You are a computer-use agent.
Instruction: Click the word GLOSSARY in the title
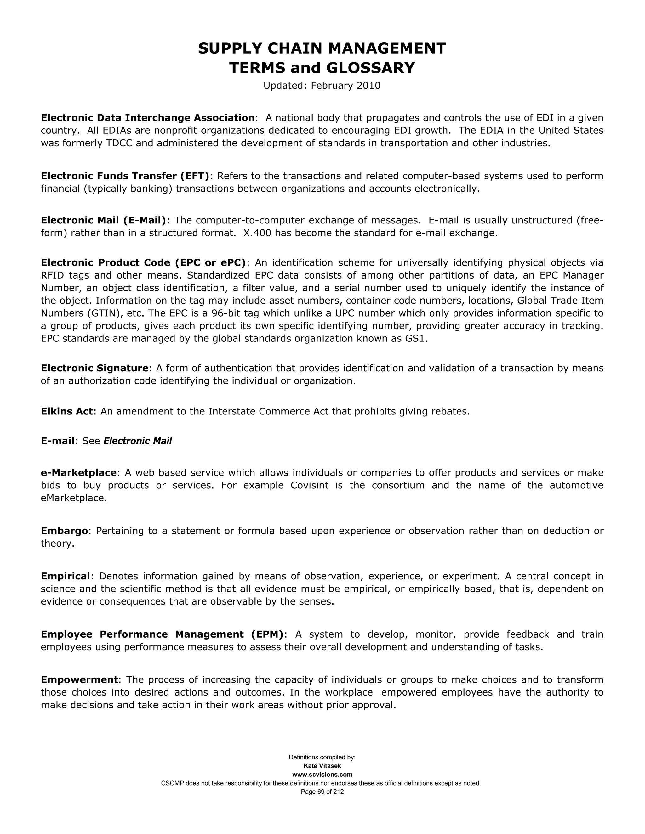pyautogui.click(x=370, y=68)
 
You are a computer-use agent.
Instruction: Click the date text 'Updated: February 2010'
pyautogui.click(x=322, y=86)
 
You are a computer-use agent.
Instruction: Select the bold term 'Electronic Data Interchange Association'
pyautogui.click(x=147, y=118)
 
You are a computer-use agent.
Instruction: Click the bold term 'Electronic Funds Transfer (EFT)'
pyautogui.click(x=125, y=176)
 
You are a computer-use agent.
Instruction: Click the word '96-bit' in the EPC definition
pyautogui.click(x=226, y=313)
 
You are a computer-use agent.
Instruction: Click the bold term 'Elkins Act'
pyautogui.click(x=67, y=411)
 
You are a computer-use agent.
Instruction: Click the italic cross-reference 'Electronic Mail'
pyautogui.click(x=138, y=441)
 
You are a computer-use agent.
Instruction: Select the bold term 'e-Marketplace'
pyautogui.click(x=79, y=473)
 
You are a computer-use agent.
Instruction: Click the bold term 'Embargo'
pyautogui.click(x=64, y=531)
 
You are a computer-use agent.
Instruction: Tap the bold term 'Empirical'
pyautogui.click(x=65, y=576)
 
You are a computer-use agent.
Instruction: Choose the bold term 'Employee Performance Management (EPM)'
pyautogui.click(x=163, y=634)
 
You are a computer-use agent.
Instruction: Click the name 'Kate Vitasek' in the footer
pyautogui.click(x=322, y=766)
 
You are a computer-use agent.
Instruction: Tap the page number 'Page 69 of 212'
pyautogui.click(x=322, y=792)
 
